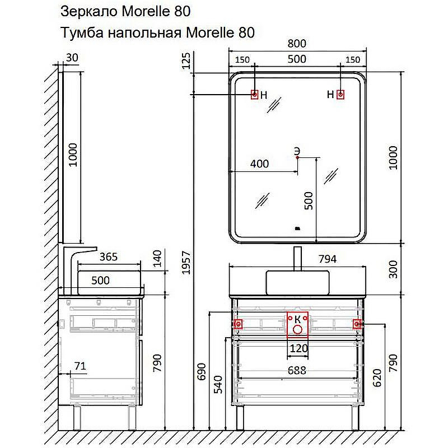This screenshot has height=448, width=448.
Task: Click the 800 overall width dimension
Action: pyautogui.click(x=297, y=44)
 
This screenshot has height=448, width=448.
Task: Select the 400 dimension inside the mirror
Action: pyautogui.click(x=259, y=164)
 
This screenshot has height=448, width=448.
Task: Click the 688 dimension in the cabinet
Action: pyautogui.click(x=297, y=370)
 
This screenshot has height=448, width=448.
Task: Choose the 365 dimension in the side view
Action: pyautogui.click(x=108, y=257)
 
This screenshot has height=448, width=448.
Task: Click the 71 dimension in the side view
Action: pyautogui.click(x=80, y=367)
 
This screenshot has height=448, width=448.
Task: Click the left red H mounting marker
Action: pyautogui.click(x=254, y=95)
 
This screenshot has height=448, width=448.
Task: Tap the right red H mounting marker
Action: pyautogui.click(x=340, y=95)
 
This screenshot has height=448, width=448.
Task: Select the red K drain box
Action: pyautogui.click(x=297, y=325)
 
